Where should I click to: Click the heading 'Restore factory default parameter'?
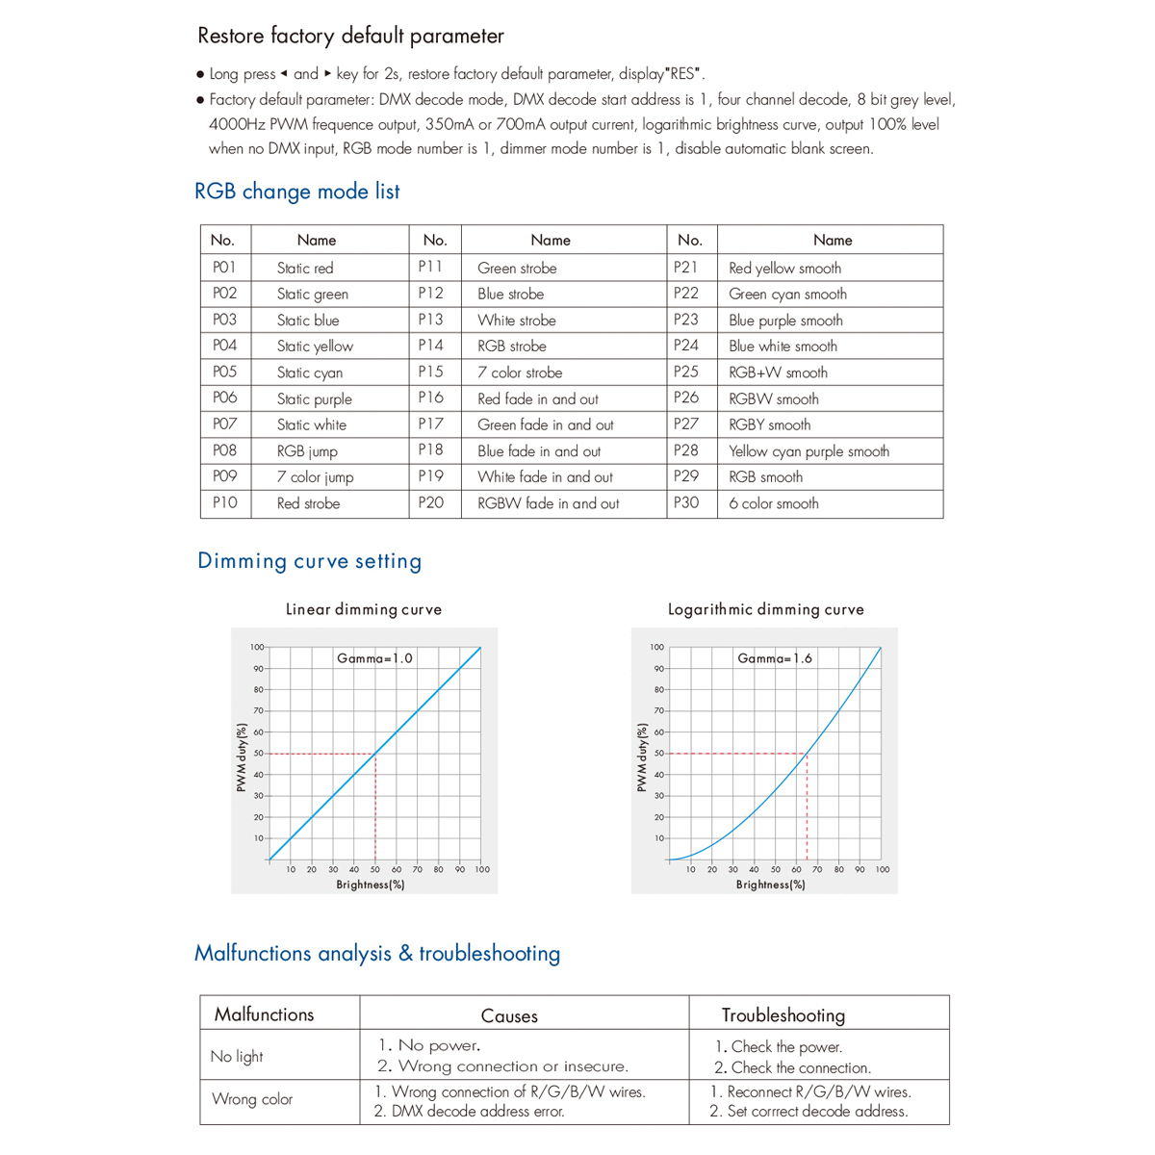click(350, 37)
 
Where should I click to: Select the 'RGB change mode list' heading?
click(296, 192)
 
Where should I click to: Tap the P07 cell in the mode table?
click(224, 424)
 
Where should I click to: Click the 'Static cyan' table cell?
click(309, 372)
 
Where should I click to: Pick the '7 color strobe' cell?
click(520, 372)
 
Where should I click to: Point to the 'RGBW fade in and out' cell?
click(548, 503)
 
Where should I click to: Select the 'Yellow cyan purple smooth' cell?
click(808, 451)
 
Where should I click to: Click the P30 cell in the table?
click(686, 503)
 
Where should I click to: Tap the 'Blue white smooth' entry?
click(783, 346)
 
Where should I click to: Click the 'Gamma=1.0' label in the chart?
click(374, 658)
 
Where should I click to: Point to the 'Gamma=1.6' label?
click(775, 658)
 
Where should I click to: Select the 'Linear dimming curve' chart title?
click(364, 609)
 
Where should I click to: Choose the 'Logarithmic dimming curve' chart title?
click(766, 609)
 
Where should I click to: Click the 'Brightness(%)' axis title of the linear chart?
click(371, 885)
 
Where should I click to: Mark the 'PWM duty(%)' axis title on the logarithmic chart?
click(642, 758)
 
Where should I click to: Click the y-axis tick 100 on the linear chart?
click(257, 648)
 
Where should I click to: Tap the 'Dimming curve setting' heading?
click(309, 561)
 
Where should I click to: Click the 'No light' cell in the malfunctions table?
click(237, 1057)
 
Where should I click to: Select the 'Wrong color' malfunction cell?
click(252, 1099)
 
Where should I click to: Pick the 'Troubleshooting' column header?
click(783, 1015)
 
